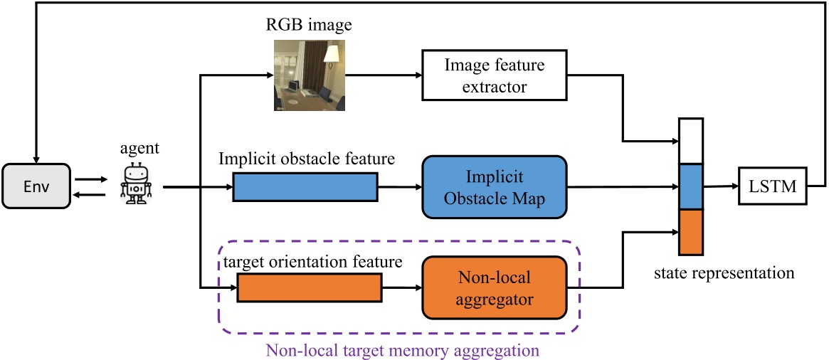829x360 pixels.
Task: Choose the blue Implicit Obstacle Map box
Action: click(x=494, y=188)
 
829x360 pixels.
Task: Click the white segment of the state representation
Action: click(x=691, y=141)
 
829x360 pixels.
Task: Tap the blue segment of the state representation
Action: click(x=691, y=186)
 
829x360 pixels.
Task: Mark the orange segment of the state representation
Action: click(x=691, y=232)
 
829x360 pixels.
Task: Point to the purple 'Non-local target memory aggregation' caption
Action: click(x=402, y=350)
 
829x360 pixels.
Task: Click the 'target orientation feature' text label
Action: click(x=313, y=262)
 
